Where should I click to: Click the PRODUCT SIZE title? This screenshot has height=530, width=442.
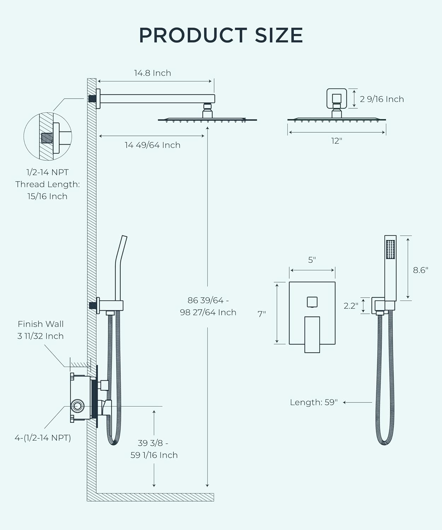tap(221, 35)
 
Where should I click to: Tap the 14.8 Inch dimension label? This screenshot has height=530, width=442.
tap(152, 73)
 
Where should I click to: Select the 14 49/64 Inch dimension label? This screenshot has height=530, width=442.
tap(152, 145)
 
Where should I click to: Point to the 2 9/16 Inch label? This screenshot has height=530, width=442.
tap(382, 99)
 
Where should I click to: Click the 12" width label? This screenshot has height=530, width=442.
tap(337, 141)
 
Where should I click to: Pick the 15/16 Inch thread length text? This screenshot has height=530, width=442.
tap(47, 196)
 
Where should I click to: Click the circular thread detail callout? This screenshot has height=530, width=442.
tap(48, 136)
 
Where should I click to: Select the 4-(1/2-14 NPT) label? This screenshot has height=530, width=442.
tap(43, 438)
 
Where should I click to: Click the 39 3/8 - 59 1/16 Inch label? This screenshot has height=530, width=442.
tap(154, 449)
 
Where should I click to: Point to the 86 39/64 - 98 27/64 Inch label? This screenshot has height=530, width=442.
tap(208, 306)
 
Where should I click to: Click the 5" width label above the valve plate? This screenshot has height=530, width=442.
tap(312, 260)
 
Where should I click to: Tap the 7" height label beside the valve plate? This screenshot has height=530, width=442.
tap(262, 314)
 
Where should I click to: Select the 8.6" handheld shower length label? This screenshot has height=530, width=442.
tap(420, 270)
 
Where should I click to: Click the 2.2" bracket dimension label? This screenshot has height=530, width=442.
tap(351, 306)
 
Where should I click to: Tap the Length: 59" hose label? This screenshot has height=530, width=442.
tap(314, 402)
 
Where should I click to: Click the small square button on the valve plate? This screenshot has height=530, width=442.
tap(312, 302)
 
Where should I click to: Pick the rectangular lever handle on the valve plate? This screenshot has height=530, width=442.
tap(312, 334)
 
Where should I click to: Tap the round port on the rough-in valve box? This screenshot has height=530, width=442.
tap(77, 405)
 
